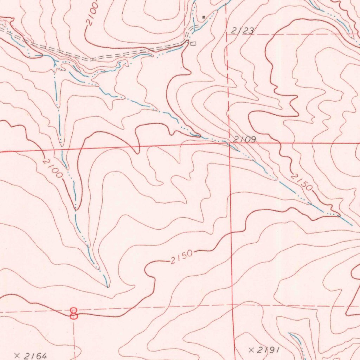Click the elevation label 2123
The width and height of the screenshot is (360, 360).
(x=243, y=31)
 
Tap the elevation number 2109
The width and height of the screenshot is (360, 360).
(x=245, y=139)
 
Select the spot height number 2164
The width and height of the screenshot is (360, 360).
(x=35, y=356)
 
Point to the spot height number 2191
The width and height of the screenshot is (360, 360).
(x=268, y=350)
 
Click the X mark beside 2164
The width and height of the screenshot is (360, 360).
(x=17, y=356)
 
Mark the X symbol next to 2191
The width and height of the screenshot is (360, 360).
(x=251, y=350)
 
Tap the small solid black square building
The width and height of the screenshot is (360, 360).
(x=204, y=17)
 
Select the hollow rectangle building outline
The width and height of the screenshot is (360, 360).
(x=193, y=44)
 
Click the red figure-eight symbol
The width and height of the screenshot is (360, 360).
(x=73, y=313)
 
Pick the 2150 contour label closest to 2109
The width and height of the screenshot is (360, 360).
(x=301, y=182)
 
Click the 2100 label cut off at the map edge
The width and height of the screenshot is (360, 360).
(x=92, y=14)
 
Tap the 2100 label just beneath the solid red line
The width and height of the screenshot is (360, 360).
(x=52, y=168)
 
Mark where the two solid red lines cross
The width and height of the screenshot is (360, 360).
(x=229, y=143)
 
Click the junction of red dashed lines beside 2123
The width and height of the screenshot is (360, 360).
(x=226, y=34)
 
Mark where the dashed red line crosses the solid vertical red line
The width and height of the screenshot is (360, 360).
(x=232, y=306)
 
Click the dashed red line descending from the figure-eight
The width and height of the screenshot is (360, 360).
(x=74, y=337)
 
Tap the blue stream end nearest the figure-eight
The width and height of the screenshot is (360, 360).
(x=107, y=285)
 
